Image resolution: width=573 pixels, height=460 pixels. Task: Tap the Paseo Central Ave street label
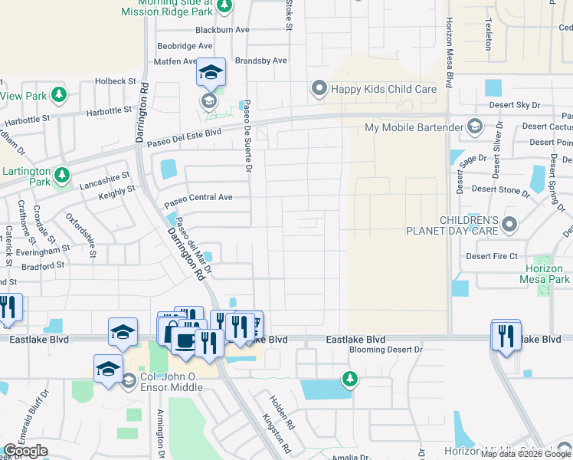coord(198,197)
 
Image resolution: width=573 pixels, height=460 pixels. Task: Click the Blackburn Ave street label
coord(223,30)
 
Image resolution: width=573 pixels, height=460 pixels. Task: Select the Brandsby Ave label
coord(260,61)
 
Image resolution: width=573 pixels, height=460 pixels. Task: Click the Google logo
coord(25,451)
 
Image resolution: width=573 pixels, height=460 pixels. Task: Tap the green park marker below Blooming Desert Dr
coord(350,379)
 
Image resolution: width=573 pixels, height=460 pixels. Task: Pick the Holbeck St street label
coord(116,80)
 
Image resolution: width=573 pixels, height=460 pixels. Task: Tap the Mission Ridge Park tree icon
coord(224,7)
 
